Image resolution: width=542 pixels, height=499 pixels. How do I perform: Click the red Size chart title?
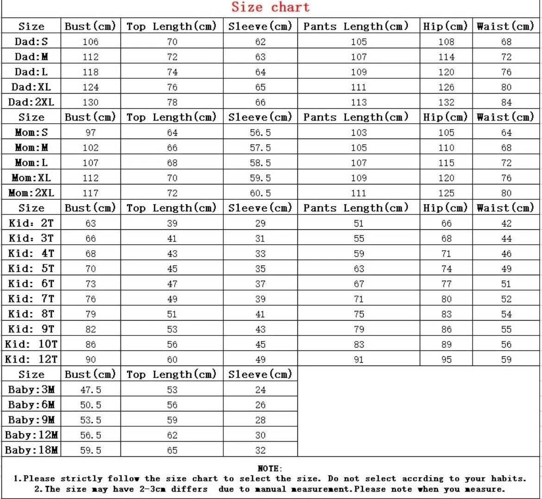pyautogui.click(x=271, y=7)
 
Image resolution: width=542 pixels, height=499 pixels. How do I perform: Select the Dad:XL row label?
pyautogui.click(x=31, y=87)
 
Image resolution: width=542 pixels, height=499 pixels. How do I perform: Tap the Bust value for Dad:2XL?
pyautogui.click(x=90, y=102)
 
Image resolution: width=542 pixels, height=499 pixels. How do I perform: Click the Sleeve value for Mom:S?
pyautogui.click(x=260, y=133)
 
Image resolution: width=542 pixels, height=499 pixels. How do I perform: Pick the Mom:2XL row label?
pyautogui.click(x=31, y=193)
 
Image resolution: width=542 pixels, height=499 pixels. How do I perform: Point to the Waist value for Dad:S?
pyautogui.click(x=506, y=42)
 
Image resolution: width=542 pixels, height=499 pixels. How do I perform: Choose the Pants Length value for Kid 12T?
pyautogui.click(x=359, y=360)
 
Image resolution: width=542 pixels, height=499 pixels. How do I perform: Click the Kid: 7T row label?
pyautogui.click(x=31, y=299)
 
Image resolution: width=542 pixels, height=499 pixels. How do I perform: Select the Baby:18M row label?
pyautogui.click(x=31, y=450)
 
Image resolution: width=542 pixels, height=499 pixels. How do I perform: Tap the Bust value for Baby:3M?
pyautogui.click(x=90, y=390)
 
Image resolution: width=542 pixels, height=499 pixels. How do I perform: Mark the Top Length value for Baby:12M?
pyautogui.click(x=172, y=435)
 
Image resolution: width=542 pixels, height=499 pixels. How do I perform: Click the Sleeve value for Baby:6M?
pyautogui.click(x=260, y=405)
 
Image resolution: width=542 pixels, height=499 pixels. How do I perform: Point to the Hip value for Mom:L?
pyautogui.click(x=446, y=163)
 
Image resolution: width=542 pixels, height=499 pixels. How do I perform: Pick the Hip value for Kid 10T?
pyautogui.click(x=446, y=344)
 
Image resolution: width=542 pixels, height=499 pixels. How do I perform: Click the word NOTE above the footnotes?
pyautogui.click(x=269, y=469)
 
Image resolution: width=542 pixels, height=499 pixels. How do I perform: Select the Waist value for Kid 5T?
pyautogui.click(x=506, y=269)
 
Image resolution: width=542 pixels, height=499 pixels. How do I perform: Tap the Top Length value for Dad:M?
pyautogui.click(x=172, y=57)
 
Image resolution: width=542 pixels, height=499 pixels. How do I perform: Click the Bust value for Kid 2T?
pyautogui.click(x=90, y=223)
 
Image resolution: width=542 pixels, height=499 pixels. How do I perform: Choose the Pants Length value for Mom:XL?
pyautogui.click(x=359, y=178)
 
